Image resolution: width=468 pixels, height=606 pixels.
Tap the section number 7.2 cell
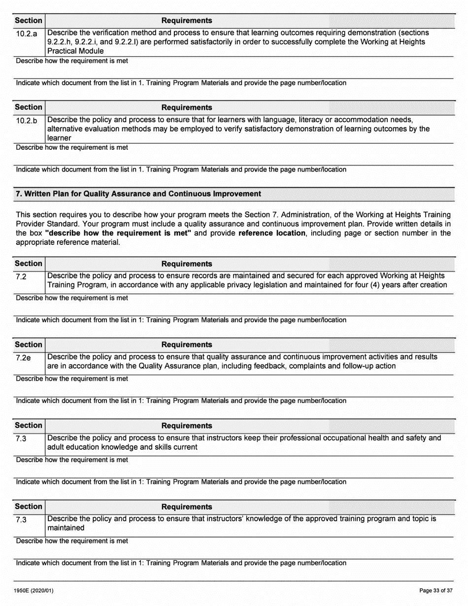pyautogui.click(x=21, y=276)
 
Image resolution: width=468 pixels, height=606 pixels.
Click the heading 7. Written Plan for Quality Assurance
pyautogui.click(x=138, y=194)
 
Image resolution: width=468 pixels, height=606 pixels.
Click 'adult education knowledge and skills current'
pyautogui.click(x=122, y=447)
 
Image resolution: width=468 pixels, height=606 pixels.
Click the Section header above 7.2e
pyautogui.click(x=29, y=344)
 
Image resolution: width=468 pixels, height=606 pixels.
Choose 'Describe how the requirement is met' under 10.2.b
pyautogui.click(x=72, y=147)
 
